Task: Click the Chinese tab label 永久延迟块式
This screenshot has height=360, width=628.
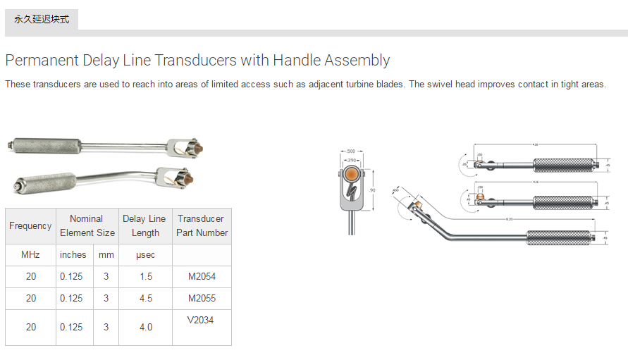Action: [42, 19]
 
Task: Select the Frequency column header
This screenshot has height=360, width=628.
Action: [30, 226]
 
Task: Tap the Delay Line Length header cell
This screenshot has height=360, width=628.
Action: [144, 226]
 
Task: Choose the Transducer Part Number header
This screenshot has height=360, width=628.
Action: [202, 226]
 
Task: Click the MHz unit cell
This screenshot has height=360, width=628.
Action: [30, 255]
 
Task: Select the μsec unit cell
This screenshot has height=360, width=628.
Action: [145, 255]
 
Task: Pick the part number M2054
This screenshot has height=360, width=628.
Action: [202, 277]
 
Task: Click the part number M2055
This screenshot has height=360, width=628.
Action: [202, 298]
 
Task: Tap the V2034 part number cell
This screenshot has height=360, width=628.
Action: [201, 321]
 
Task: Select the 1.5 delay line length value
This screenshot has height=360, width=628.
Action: [145, 277]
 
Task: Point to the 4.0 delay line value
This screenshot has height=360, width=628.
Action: [145, 327]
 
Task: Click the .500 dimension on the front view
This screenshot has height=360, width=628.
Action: [352, 151]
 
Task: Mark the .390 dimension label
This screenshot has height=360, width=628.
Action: [352, 161]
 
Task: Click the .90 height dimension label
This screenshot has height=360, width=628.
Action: [372, 190]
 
